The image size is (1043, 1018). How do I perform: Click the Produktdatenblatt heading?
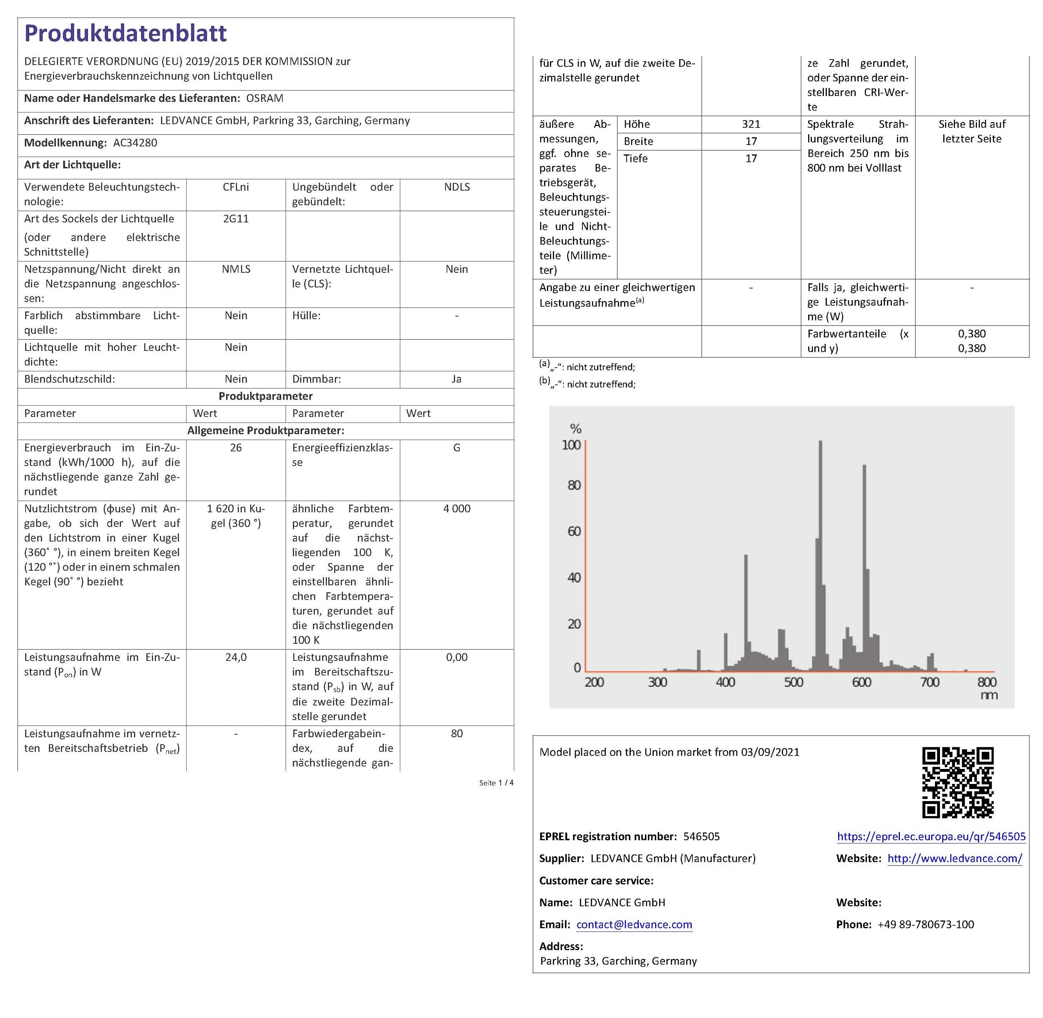pos(126,33)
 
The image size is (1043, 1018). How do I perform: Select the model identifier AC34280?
pos(135,143)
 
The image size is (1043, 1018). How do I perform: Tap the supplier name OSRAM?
pos(265,98)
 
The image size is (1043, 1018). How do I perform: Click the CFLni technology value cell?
pos(236,187)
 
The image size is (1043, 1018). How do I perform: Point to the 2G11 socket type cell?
pos(236,219)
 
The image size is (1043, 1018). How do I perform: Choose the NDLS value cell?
pos(456,187)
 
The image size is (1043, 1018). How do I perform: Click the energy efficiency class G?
pos(456,448)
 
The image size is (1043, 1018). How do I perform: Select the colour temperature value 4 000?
pos(456,509)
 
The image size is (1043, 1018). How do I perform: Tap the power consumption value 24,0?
pos(236,657)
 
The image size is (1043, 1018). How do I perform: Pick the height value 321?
pos(751,124)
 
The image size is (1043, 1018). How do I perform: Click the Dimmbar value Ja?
pos(456,379)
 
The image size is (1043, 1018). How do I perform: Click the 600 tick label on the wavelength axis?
pos(861,682)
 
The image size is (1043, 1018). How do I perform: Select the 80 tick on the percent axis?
pos(574,486)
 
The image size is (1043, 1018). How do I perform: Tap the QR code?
pos(957,782)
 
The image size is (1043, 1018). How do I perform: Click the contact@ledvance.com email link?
pos(634,925)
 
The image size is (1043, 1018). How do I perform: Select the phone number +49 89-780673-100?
pos(925,925)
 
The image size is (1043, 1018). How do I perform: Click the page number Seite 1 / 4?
pos(496,783)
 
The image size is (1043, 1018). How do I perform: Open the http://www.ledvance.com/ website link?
pos(954,858)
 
